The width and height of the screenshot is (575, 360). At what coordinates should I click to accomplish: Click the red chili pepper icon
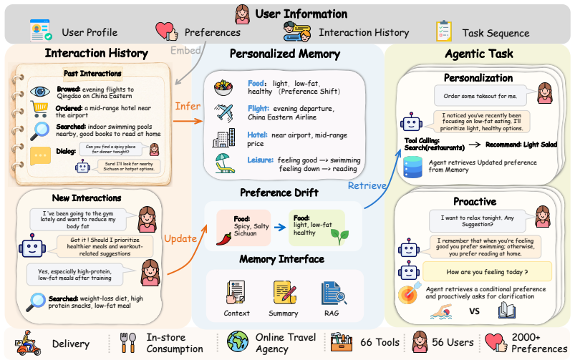pos(224,238)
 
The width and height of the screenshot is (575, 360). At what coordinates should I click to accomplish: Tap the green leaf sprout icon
pos(339,236)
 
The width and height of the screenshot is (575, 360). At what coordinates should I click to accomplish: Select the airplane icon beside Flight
pos(224,112)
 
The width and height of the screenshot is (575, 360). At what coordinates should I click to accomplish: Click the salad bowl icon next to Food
pos(223,87)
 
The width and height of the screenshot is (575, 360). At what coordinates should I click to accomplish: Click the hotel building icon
pos(223,138)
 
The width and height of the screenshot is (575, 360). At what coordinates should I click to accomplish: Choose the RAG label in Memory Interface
pos(332,313)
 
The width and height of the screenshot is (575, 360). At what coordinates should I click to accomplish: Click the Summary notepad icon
pos(284,292)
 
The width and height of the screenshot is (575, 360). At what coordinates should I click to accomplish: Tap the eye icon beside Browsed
pos(40,92)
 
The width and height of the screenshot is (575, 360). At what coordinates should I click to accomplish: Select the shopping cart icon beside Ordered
pos(39,110)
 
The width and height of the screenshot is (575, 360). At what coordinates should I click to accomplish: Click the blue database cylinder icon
pos(412,167)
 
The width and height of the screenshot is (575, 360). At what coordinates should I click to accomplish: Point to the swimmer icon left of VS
pos(442,311)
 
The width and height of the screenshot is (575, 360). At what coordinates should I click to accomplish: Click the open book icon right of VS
pos(507,310)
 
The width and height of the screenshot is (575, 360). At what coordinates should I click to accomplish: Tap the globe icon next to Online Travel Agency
pos(238,341)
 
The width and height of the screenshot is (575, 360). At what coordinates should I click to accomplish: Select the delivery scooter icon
pos(28,343)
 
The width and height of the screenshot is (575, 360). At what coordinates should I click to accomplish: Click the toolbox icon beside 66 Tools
pos(342,343)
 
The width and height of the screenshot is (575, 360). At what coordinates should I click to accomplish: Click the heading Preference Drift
pos(279,193)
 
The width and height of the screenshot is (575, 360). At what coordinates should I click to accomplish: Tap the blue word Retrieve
pos(367,185)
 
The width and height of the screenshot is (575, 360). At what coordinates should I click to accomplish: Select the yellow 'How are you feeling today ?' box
pos(487,272)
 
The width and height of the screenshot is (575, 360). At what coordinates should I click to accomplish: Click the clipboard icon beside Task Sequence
pos(444,31)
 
